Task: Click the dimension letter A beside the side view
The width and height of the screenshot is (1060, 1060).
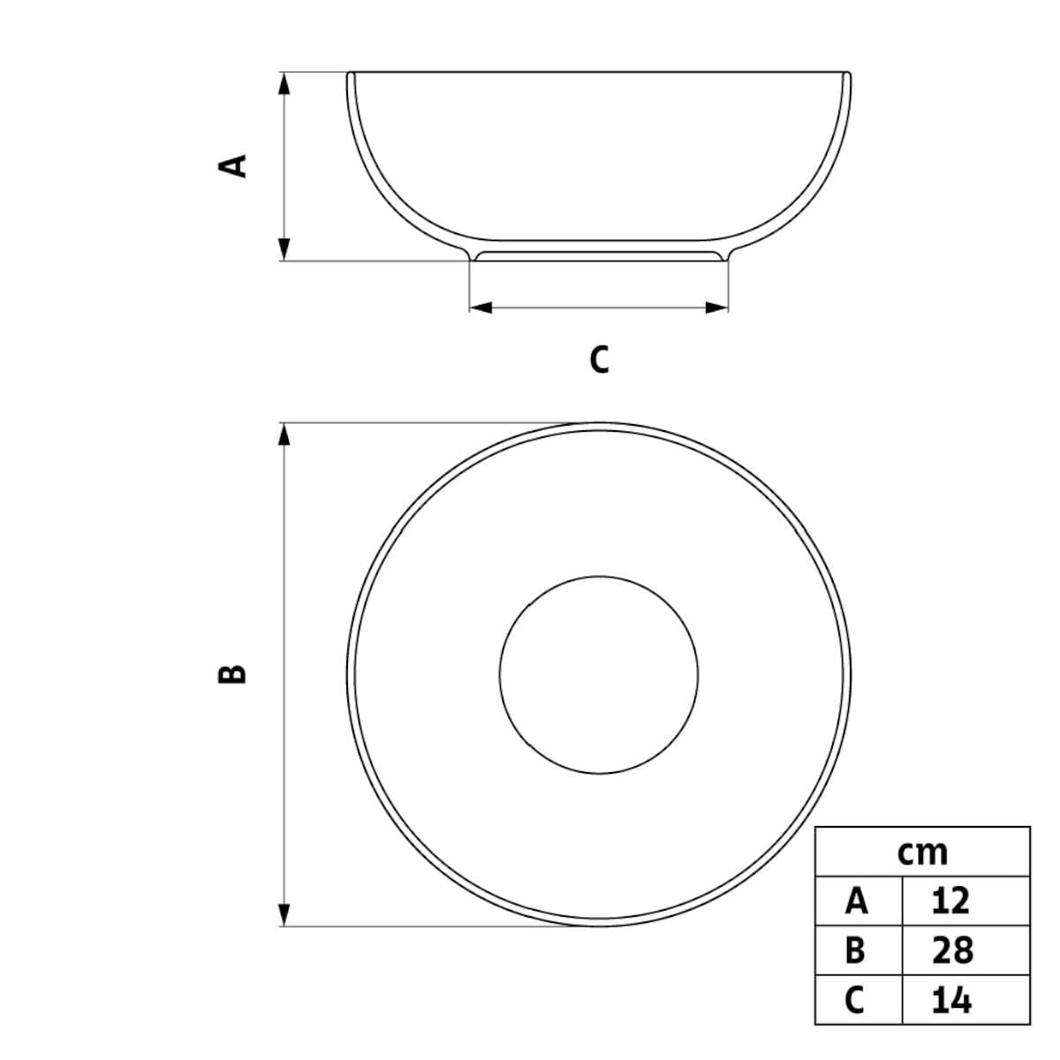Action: coord(232,166)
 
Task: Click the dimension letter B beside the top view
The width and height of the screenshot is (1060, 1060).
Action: coord(232,674)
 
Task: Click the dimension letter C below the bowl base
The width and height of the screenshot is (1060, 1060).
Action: coord(599,360)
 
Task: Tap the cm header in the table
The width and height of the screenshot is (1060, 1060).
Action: coord(922,853)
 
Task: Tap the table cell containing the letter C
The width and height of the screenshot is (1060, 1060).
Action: coord(858,999)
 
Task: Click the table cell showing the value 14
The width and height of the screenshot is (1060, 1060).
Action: coord(966,999)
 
